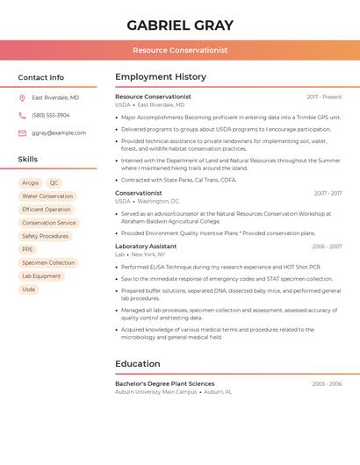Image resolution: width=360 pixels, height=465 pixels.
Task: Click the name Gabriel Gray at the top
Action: (x=180, y=25)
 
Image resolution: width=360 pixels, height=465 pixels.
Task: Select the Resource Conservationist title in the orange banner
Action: (x=180, y=50)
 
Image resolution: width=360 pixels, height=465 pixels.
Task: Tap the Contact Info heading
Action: (x=41, y=77)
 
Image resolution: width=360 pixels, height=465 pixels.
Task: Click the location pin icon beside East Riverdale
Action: (x=23, y=98)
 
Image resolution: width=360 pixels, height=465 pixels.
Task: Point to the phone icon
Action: (x=23, y=115)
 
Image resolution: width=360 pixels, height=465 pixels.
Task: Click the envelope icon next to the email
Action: (x=23, y=132)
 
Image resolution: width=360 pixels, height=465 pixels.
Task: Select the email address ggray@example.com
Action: (x=59, y=132)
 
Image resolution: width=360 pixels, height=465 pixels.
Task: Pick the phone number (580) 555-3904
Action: (x=50, y=115)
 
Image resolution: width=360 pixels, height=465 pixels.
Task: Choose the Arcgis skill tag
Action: (x=31, y=183)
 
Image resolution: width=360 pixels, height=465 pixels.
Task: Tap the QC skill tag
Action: (x=54, y=183)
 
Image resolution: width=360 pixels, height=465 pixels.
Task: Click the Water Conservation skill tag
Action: (x=47, y=197)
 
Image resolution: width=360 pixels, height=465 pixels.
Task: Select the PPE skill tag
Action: (x=27, y=249)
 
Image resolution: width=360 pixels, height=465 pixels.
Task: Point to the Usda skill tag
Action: (x=29, y=289)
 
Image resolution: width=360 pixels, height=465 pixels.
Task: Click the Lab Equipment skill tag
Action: (x=41, y=275)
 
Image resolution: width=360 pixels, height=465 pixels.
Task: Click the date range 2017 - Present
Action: (x=324, y=97)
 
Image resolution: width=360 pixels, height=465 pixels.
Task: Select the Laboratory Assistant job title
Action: (x=146, y=247)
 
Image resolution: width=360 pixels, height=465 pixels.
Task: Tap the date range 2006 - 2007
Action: (x=327, y=247)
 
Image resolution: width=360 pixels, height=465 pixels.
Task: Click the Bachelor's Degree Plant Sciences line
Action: (x=165, y=383)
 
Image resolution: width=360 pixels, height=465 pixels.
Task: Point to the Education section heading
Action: (x=138, y=363)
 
